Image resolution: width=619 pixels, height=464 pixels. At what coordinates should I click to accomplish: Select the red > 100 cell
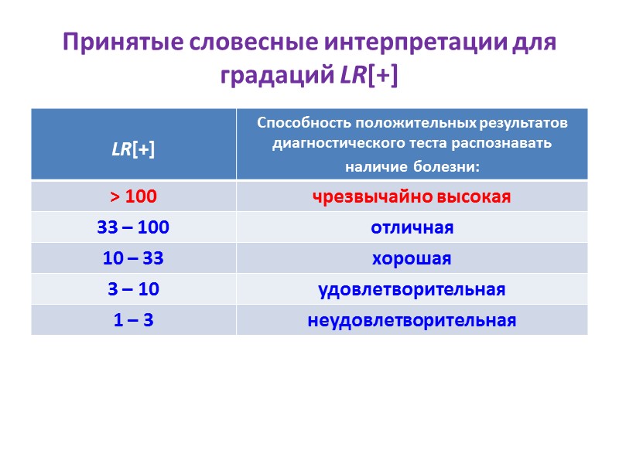(133, 197)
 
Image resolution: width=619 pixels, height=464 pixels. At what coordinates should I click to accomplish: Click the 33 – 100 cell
(133, 228)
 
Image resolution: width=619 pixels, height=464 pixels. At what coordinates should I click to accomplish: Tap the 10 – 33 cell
(133, 259)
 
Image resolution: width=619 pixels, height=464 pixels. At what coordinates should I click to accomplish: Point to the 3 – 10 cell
(133, 290)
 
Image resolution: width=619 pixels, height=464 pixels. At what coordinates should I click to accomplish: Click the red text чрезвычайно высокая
(412, 197)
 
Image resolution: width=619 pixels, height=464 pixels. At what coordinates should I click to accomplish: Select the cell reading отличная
(412, 228)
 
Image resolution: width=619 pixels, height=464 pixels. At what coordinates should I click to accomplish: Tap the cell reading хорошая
(412, 259)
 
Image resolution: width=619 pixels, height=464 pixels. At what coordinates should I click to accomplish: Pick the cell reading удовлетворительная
(412, 290)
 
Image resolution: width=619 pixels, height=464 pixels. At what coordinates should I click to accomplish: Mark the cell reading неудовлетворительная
(412, 321)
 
